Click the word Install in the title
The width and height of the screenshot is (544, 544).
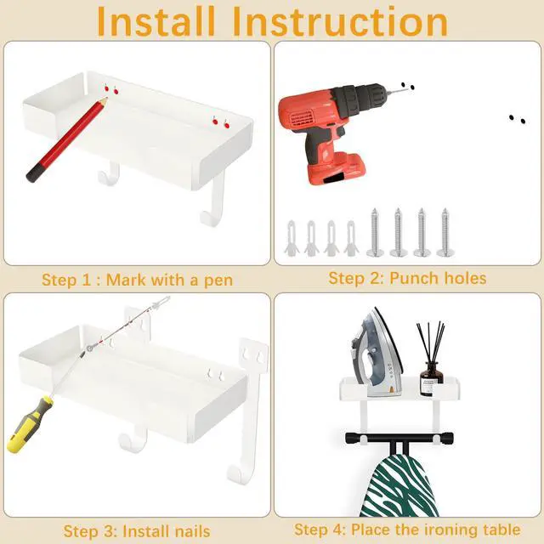156,21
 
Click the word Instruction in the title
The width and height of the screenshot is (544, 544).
340,21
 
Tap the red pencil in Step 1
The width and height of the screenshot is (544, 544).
67,139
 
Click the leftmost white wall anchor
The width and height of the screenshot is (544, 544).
291,238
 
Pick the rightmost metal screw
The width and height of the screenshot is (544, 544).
445,232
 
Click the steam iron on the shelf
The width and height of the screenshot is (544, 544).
377,353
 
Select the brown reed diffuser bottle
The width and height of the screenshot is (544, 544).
431,378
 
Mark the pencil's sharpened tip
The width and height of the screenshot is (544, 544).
105,99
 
